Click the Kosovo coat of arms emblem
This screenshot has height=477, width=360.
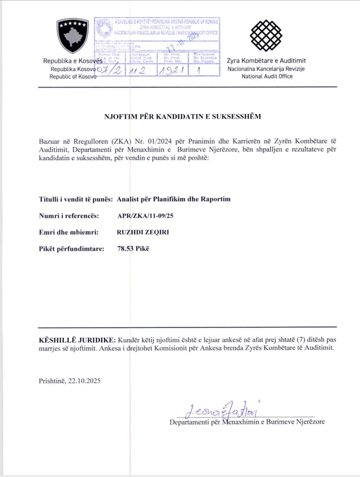pyautogui.click(x=72, y=36)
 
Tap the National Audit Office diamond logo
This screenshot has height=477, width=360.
pyautogui.click(x=266, y=36)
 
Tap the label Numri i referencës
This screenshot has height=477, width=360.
pyautogui.click(x=68, y=216)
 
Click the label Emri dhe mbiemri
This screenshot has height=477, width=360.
pyautogui.click(x=69, y=232)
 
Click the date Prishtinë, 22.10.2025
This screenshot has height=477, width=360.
pyautogui.click(x=70, y=380)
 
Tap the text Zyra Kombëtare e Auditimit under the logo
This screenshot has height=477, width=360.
pyautogui.click(x=266, y=61)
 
